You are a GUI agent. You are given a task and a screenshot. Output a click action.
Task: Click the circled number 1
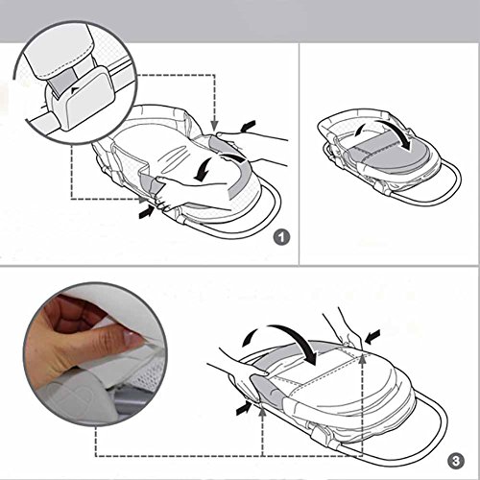[x=281, y=237]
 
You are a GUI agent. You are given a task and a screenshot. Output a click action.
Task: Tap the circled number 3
[x=456, y=461]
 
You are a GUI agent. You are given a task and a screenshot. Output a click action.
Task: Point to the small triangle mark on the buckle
[x=75, y=90]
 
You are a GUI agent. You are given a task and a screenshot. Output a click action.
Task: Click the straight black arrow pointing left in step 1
[x=249, y=126]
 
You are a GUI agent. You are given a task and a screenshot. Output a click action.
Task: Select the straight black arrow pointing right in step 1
[x=147, y=212]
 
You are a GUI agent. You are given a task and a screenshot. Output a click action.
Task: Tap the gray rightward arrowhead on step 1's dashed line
[x=142, y=200]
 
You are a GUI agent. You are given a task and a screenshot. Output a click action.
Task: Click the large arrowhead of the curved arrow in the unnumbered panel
[x=406, y=143]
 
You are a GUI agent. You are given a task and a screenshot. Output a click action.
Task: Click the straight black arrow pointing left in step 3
[x=372, y=338]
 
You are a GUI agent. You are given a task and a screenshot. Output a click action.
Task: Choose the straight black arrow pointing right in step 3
[x=244, y=409]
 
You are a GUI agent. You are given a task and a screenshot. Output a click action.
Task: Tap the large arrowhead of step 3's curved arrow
[x=309, y=356]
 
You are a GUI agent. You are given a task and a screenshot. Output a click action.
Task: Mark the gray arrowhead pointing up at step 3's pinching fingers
[x=362, y=359]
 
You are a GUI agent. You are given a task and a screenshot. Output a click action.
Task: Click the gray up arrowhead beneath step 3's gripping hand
[x=262, y=413]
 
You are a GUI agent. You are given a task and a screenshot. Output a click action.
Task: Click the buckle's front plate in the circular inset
[x=88, y=99]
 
